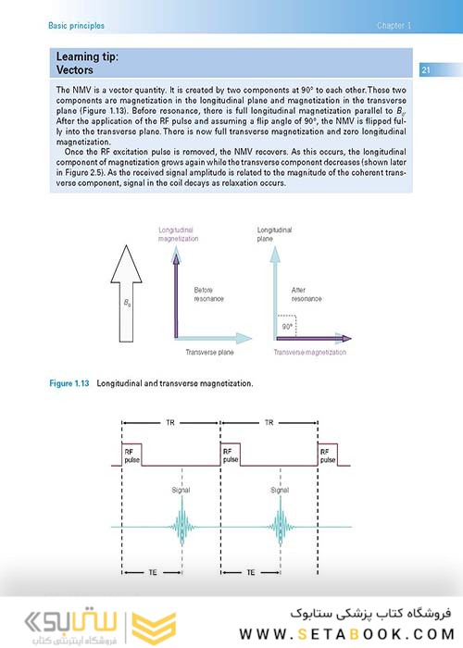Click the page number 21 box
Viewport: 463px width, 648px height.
click(425, 70)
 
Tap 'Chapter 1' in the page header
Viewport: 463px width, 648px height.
click(394, 26)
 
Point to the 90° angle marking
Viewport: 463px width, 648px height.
click(289, 327)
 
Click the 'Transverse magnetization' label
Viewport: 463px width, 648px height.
click(309, 352)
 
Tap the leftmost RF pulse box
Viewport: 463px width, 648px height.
click(131, 455)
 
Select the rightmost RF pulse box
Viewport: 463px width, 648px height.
click(328, 455)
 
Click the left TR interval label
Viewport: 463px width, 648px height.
click(170, 422)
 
